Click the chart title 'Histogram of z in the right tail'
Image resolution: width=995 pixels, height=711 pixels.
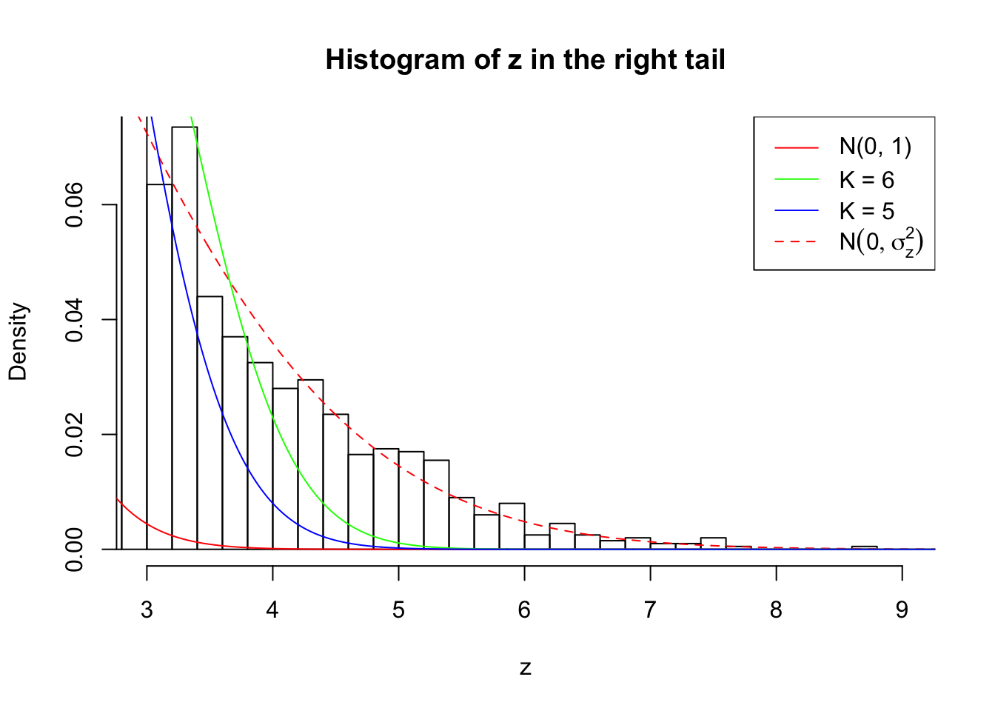click(x=525, y=60)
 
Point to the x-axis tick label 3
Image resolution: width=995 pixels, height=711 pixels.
click(x=147, y=610)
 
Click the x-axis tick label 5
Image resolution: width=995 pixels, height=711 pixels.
click(x=398, y=610)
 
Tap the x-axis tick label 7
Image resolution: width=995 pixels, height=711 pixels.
click(x=650, y=610)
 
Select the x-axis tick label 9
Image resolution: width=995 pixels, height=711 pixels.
click(x=902, y=610)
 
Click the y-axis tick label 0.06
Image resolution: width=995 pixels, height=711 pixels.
click(x=74, y=205)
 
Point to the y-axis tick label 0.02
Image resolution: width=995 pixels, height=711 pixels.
click(x=74, y=435)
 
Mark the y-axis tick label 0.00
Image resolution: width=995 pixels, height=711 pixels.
click(x=74, y=550)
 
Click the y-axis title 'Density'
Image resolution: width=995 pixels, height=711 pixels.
click(x=18, y=341)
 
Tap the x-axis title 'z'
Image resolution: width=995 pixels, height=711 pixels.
click(x=525, y=668)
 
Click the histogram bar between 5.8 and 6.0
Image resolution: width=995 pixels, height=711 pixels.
click(x=512, y=527)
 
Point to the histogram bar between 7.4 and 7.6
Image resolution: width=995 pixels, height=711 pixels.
click(x=713, y=543)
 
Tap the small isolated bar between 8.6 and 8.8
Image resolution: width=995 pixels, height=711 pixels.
click(x=864, y=547)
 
